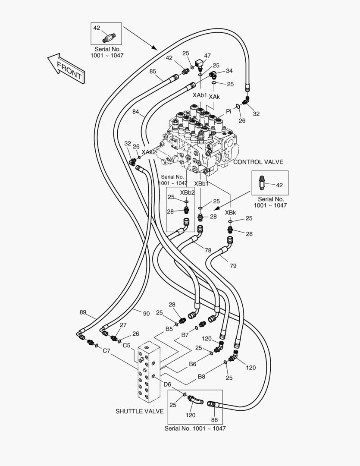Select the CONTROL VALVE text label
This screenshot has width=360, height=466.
point(258,162)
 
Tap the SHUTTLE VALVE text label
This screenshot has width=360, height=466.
point(139,411)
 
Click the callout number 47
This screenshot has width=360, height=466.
point(207,56)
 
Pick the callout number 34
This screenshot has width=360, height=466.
point(229,71)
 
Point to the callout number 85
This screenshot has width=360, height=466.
point(153,71)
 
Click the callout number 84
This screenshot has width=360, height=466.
point(135,112)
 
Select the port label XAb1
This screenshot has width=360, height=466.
point(200,95)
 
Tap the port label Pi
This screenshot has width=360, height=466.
point(229,111)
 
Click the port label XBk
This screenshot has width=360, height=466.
point(230,213)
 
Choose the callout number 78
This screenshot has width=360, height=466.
point(208,250)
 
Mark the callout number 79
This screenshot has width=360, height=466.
point(233,266)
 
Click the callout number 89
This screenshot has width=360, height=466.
point(83,312)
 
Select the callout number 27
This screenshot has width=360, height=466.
point(123,325)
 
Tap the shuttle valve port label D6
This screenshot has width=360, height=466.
point(167,384)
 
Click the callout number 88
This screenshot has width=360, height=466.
point(214,419)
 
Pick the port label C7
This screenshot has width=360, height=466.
point(106,350)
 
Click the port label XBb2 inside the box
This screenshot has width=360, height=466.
point(188,192)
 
